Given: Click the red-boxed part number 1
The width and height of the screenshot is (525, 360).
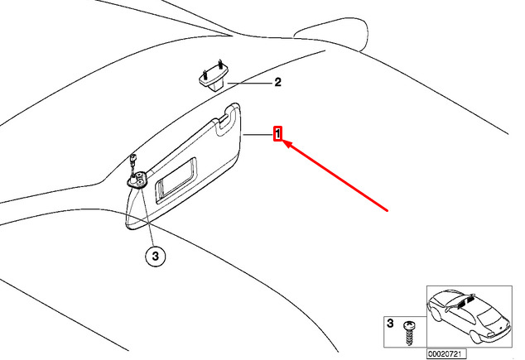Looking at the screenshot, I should [279, 133].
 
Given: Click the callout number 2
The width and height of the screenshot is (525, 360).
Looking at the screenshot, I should [277, 83].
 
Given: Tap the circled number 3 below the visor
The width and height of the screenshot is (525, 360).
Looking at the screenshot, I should [155, 257].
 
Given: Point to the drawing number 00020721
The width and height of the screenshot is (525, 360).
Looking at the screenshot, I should [446, 353].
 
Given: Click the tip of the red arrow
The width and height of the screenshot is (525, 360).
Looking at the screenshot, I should [284, 143].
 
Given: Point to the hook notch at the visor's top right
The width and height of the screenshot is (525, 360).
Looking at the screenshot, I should [224, 125].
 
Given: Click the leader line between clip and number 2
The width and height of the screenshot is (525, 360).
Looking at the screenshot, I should [248, 84].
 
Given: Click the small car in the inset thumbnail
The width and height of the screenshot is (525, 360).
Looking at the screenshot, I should [468, 319].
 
